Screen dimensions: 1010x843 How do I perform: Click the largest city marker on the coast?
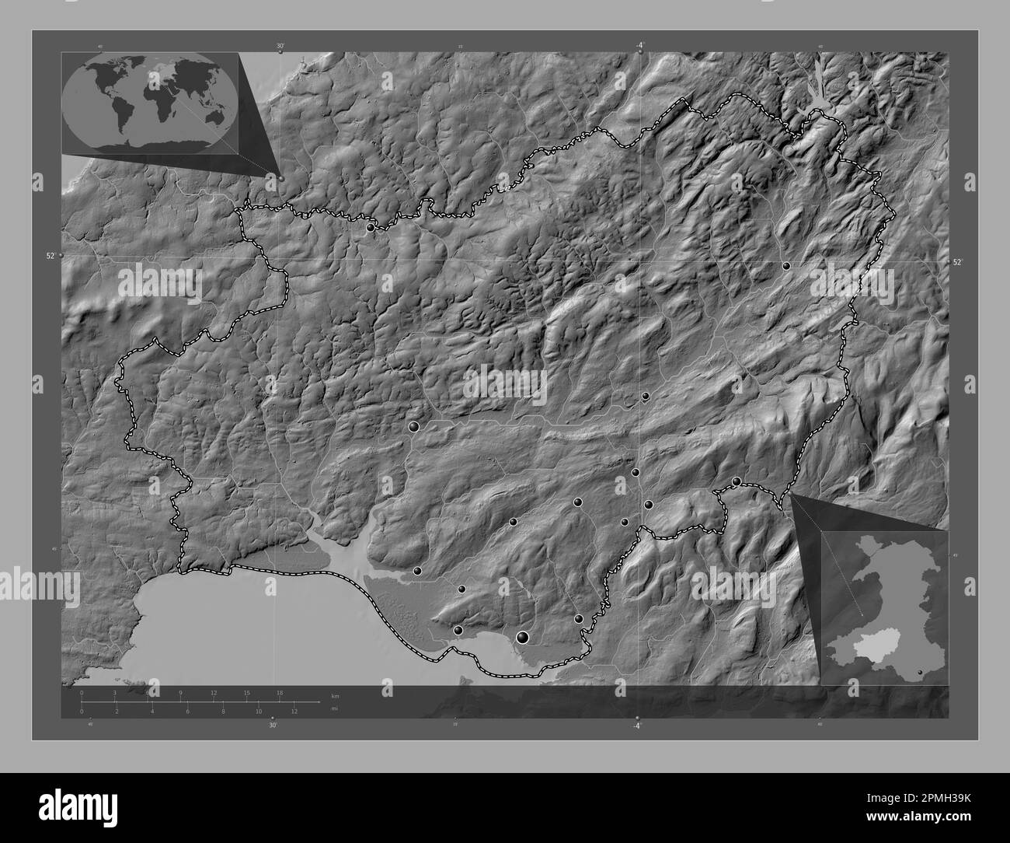(523, 638)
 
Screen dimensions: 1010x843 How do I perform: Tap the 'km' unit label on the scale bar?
(335, 695)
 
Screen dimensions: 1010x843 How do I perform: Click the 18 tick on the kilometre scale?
(280, 692)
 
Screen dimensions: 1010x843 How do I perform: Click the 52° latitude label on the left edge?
(50, 255)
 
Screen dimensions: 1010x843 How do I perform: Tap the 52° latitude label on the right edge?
(959, 263)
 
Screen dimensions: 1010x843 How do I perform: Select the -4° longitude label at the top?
(639, 46)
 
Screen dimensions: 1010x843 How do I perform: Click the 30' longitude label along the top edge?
(280, 47)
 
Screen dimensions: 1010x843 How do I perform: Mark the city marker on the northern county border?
(371, 228)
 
